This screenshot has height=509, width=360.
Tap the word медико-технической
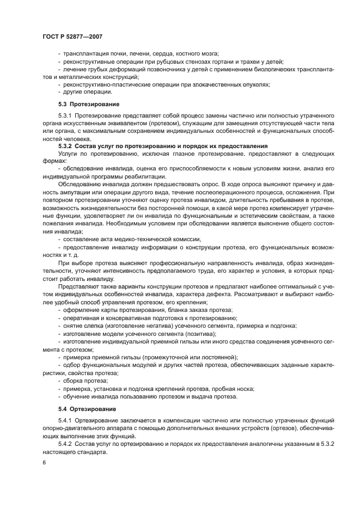point(142,240)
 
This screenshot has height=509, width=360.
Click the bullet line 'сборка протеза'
point(82,380)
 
